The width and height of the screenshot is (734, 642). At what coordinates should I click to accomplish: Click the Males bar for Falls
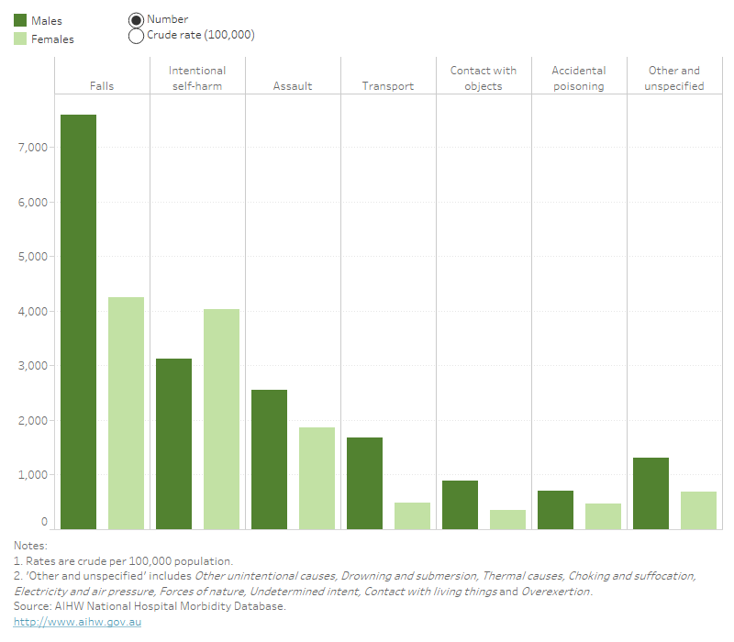78,321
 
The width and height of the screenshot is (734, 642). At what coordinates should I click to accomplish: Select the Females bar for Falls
126,413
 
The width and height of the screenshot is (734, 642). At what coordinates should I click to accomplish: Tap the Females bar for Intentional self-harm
221,419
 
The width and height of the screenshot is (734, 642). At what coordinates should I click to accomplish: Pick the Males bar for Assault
269,459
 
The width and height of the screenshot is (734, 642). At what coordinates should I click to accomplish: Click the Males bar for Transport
364,483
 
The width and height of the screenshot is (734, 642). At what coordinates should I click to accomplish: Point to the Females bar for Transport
412,515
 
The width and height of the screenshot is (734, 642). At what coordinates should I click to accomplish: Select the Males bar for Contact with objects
460,504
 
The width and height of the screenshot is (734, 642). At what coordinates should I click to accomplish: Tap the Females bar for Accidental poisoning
603,516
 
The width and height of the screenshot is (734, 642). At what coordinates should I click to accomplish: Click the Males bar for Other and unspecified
651,493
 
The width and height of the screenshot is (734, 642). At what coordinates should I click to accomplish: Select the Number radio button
136,19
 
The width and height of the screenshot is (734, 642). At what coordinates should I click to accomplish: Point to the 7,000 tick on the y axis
32,148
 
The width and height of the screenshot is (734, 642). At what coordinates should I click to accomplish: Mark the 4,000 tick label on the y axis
32,312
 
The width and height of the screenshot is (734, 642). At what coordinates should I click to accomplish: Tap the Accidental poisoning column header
578,78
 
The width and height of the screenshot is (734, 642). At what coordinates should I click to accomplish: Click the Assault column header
293,86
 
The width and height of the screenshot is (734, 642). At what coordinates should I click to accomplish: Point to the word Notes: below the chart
30,546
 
